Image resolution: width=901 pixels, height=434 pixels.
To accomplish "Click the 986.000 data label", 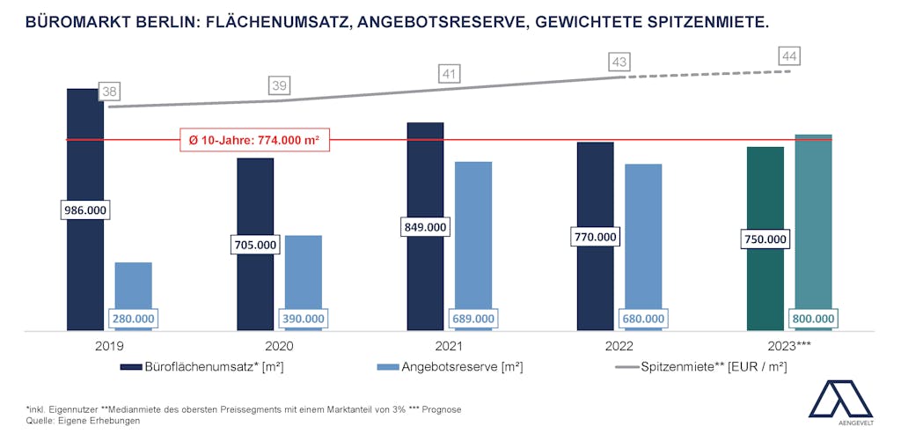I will pyautogui.click(x=84, y=210).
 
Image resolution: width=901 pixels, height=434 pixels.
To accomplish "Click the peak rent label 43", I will pyautogui.click(x=620, y=63).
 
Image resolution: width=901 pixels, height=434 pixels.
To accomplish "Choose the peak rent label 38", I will pyautogui.click(x=110, y=91).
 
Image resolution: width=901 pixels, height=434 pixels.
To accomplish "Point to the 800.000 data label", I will pyautogui.click(x=813, y=319).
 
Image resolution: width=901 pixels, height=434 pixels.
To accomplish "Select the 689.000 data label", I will pyautogui.click(x=473, y=319).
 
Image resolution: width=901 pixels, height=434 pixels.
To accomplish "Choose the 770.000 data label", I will pyautogui.click(x=595, y=237).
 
